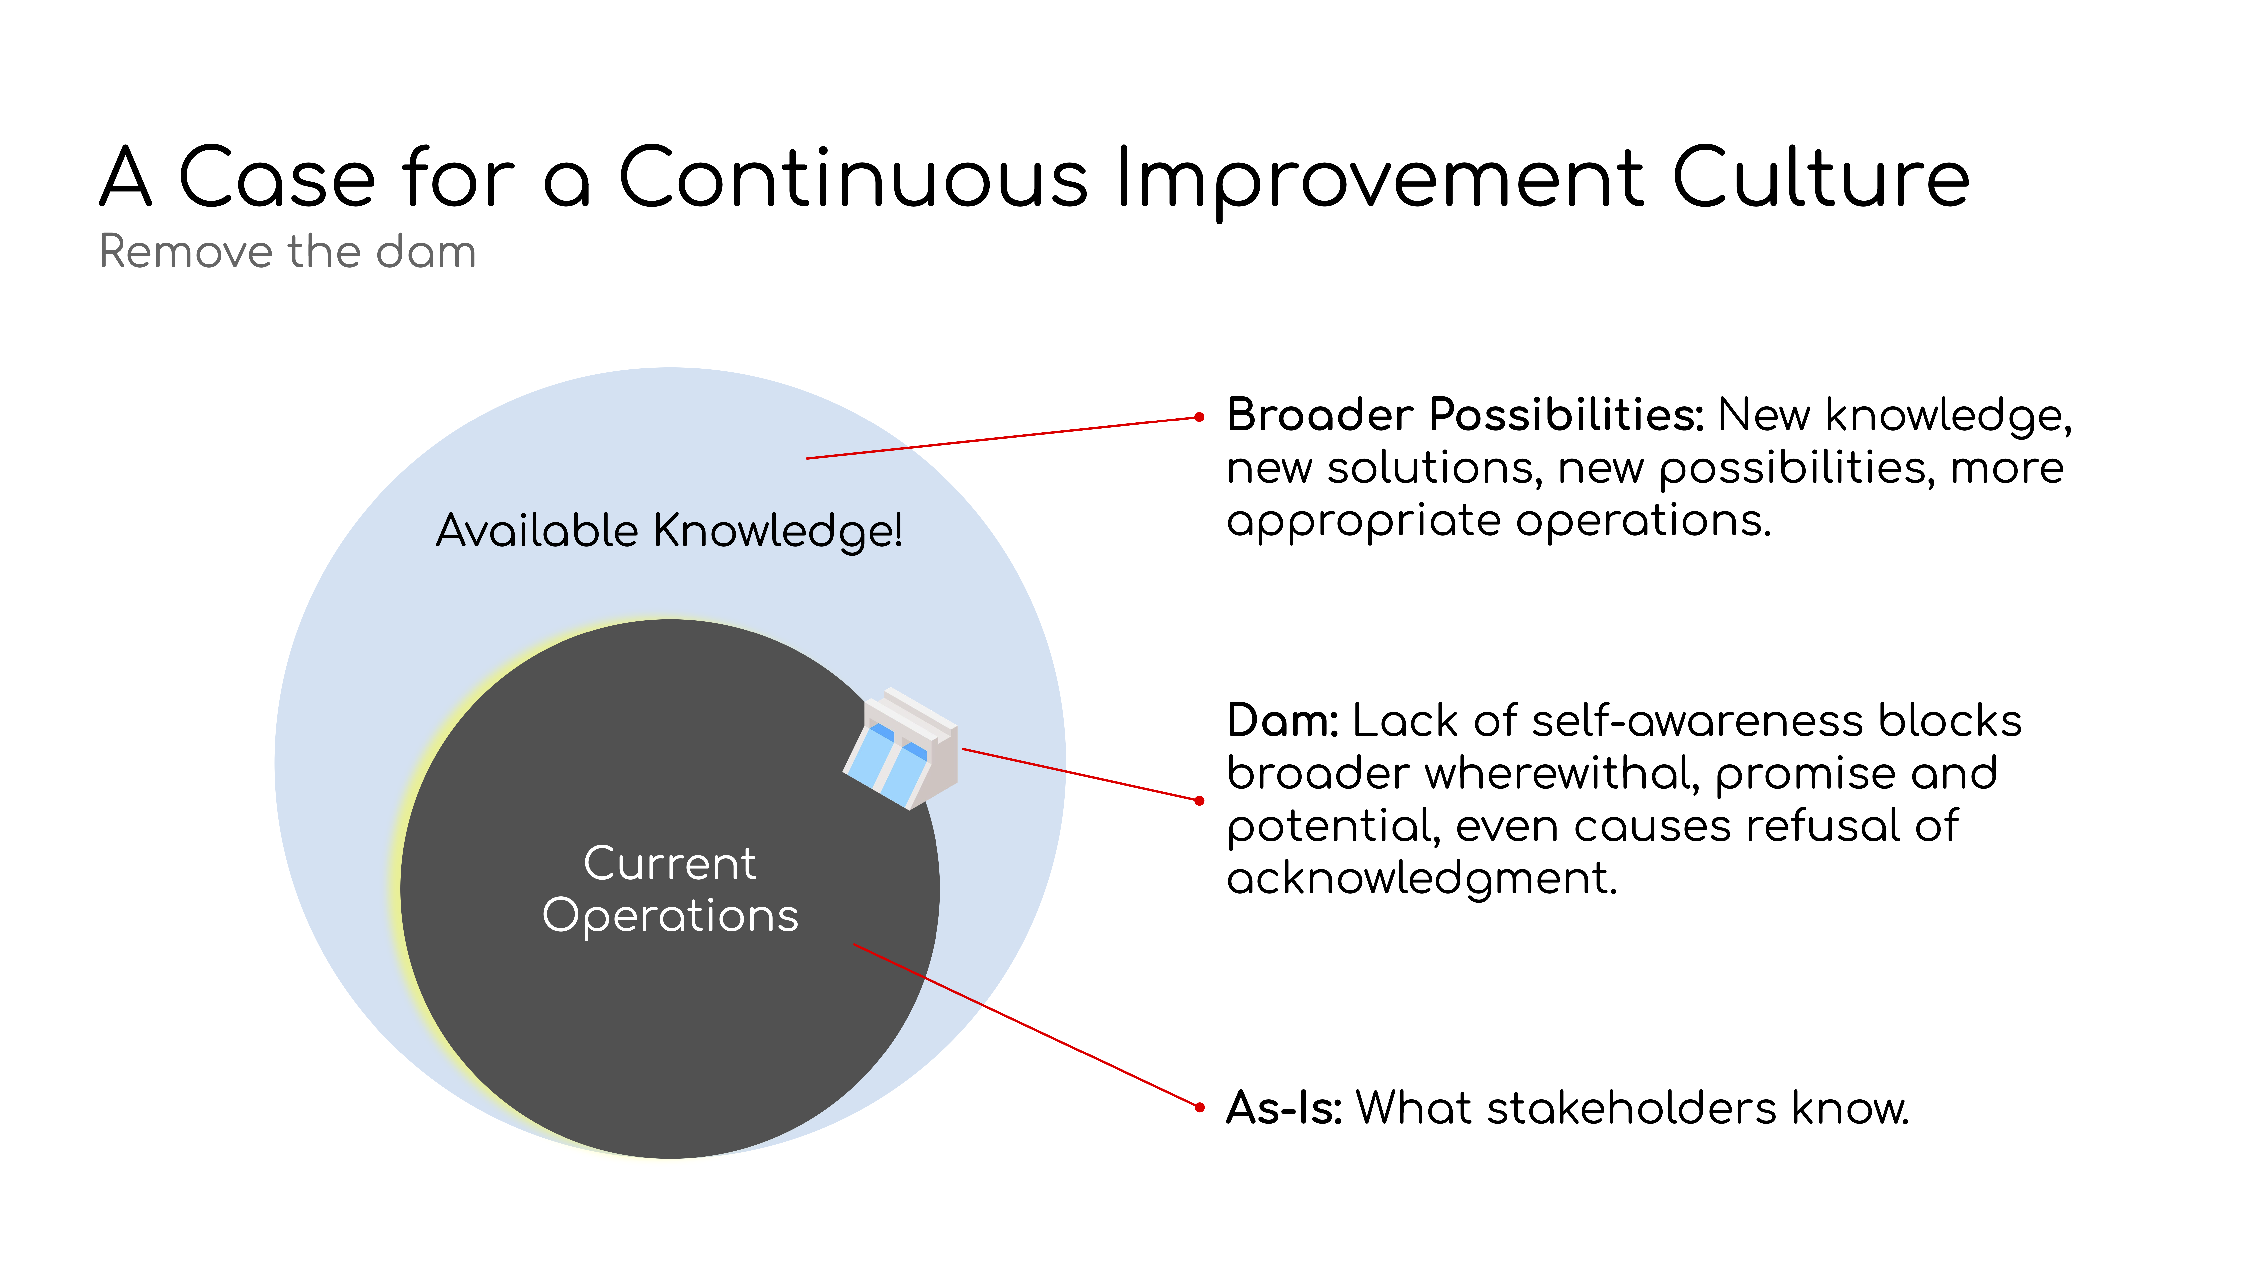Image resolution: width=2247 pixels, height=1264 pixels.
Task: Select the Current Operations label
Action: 670,890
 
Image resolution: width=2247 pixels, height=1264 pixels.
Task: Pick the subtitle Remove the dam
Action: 288,252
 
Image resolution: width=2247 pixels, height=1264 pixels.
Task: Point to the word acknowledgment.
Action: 1422,877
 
